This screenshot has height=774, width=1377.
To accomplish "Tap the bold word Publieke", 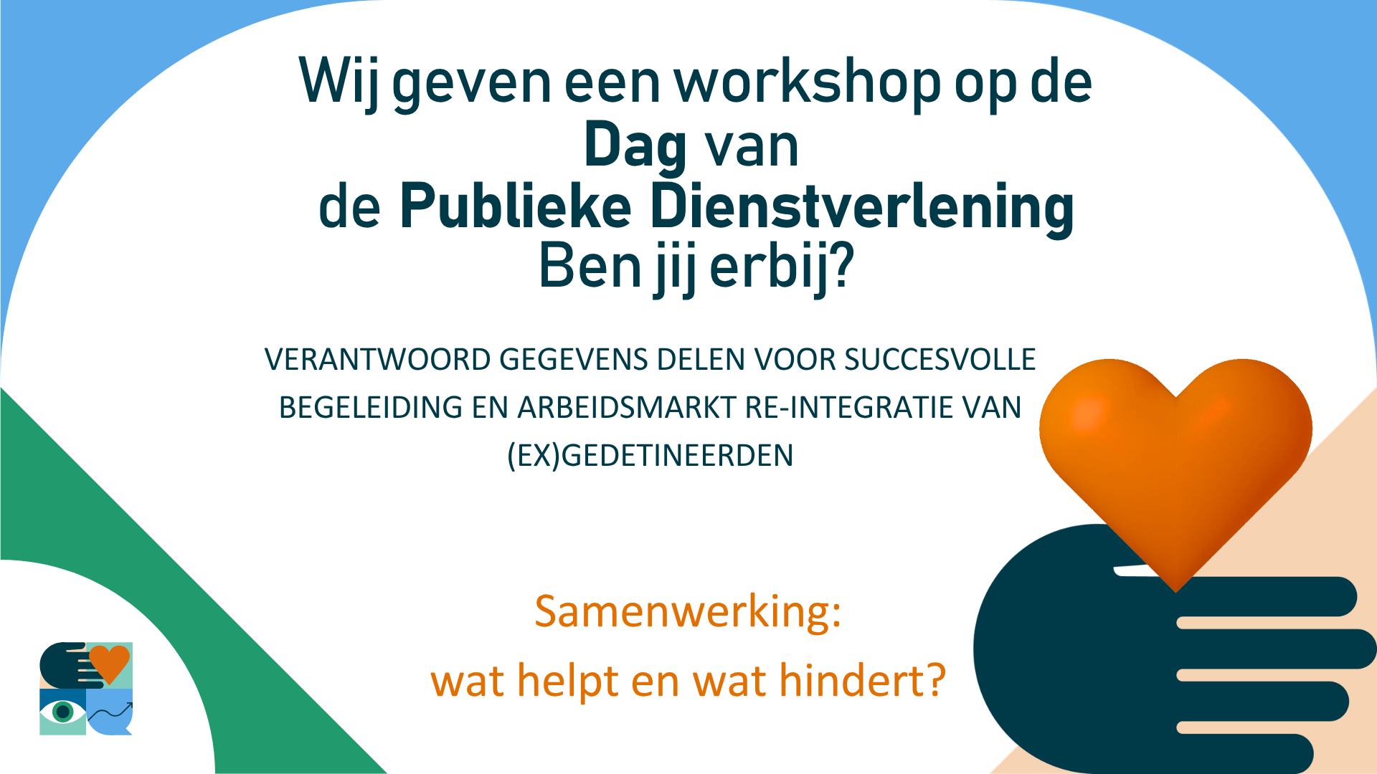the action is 516,206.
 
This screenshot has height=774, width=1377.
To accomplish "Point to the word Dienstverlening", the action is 862,209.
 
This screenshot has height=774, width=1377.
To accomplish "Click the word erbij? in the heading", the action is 782,268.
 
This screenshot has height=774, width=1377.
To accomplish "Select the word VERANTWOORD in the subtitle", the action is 378,360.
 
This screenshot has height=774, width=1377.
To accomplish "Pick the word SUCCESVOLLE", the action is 940,360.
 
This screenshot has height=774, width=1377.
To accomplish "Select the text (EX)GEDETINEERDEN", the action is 650,456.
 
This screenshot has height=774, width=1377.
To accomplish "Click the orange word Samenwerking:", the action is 688,612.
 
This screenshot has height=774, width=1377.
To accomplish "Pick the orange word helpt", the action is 567,682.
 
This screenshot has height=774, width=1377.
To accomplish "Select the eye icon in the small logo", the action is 63,712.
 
